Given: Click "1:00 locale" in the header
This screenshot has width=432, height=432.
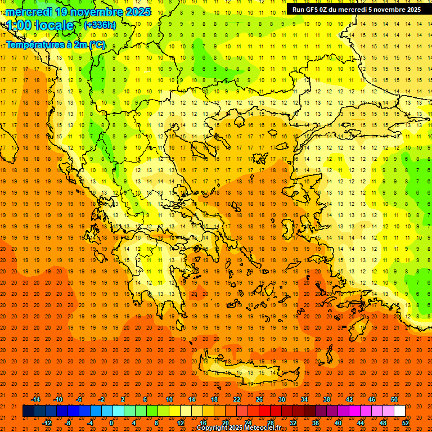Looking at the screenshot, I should pyautogui.click(x=40, y=25).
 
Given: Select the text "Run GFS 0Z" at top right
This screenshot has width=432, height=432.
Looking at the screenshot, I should pyautogui.click(x=311, y=10).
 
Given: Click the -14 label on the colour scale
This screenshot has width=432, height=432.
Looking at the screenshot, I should pyautogui.click(x=35, y=399).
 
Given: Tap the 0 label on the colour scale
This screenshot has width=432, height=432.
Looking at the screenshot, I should pyautogui.click(x=111, y=423).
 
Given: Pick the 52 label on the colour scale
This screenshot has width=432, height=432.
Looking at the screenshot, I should pyautogui.click(x=406, y=423).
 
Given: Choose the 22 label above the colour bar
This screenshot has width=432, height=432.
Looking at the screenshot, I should pyautogui.click(x=237, y=399).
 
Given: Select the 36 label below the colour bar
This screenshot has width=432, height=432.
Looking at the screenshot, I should pyautogui.click(x=316, y=423).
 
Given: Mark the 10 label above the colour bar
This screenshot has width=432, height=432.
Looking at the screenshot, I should pyautogui.click(x=169, y=399).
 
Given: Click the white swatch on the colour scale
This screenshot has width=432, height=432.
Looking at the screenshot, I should pyautogui.click(x=399, y=411).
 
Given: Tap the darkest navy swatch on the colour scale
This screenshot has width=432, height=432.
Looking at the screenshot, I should pyautogui.click(x=28, y=411).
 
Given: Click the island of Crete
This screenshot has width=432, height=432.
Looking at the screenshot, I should pyautogui.click(x=247, y=372).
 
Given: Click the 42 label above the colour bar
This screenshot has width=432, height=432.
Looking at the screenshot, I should pyautogui.click(x=349, y=399).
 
